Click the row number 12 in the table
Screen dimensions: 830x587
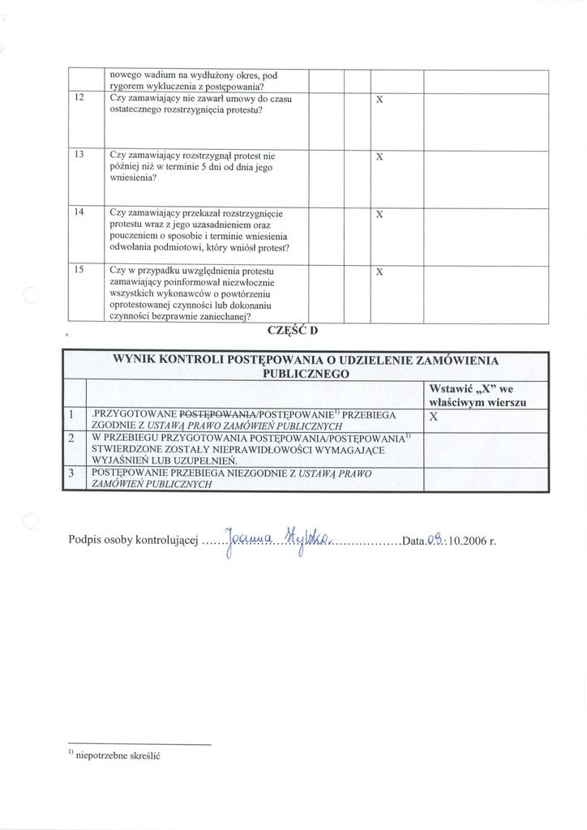[x=79, y=98]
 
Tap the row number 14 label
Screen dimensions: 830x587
[x=79, y=212]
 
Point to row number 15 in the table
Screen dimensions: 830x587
[x=79, y=270]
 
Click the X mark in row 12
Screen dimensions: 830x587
[x=379, y=100]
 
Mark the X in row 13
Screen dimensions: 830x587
[x=379, y=156]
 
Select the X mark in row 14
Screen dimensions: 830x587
[x=379, y=215]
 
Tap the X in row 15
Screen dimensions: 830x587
[x=379, y=272]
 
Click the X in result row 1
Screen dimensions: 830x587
[x=433, y=416]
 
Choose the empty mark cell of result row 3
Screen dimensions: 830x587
[x=484, y=478]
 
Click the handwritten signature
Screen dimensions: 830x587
[x=275, y=541]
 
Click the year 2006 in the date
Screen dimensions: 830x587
[x=472, y=541]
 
